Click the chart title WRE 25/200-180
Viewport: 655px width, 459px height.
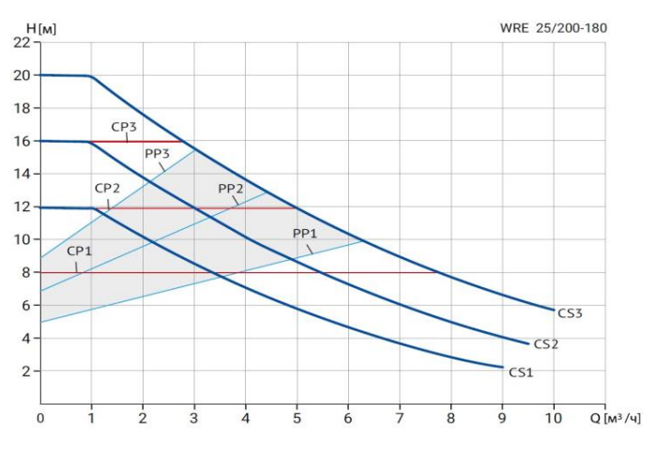point(554,28)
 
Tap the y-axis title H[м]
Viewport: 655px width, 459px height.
point(41,28)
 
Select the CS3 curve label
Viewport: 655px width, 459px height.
point(570,314)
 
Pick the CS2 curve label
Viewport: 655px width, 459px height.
point(546,344)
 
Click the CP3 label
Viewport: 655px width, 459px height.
point(125,127)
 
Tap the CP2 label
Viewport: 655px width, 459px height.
point(107,189)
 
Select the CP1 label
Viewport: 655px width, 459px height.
point(80,252)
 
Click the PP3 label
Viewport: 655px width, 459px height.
point(157,153)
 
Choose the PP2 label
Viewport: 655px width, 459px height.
point(231,189)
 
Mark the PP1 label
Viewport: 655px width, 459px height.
point(305,233)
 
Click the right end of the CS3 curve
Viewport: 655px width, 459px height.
point(554,310)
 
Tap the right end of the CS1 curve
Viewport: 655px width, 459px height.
point(503,367)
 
